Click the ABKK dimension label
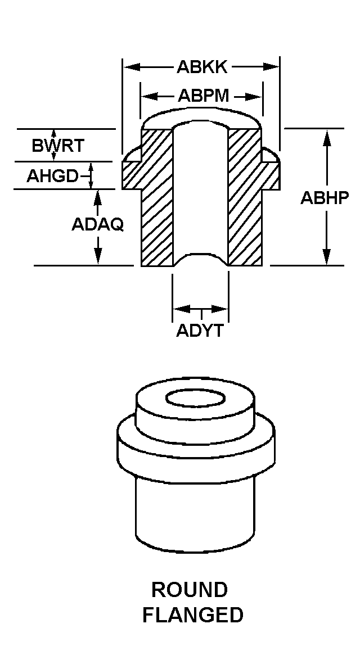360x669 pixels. pos(202,67)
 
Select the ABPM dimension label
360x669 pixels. pos(203,96)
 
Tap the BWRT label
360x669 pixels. pos(57,146)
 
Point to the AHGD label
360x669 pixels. pos(52,176)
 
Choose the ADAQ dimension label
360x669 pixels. pos(97,224)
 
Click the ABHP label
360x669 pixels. pos(325,198)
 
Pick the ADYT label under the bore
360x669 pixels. pos(200,331)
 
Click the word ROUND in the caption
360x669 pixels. pos(190,590)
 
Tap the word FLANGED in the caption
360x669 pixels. pos(192,615)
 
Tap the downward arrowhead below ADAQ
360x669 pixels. pos(98,258)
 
